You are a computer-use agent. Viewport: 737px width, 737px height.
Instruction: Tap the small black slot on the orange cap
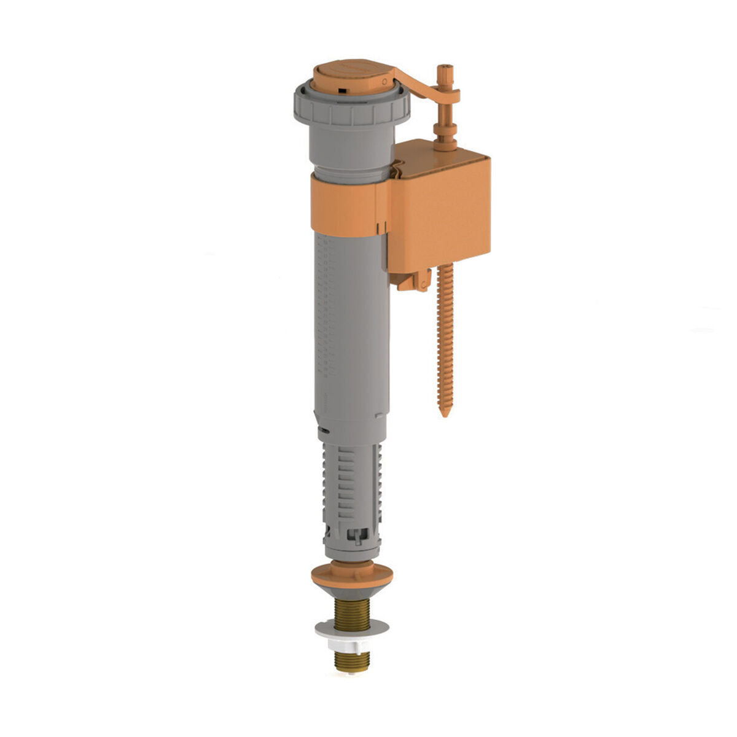(338, 92)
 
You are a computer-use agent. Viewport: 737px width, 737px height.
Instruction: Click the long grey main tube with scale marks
(350, 326)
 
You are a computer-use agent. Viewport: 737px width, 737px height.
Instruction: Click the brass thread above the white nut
(352, 614)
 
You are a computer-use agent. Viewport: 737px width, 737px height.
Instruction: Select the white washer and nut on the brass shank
(352, 633)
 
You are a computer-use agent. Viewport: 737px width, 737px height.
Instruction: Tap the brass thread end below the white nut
(352, 660)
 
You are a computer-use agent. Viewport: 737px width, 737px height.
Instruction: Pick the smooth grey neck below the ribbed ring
(347, 147)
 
